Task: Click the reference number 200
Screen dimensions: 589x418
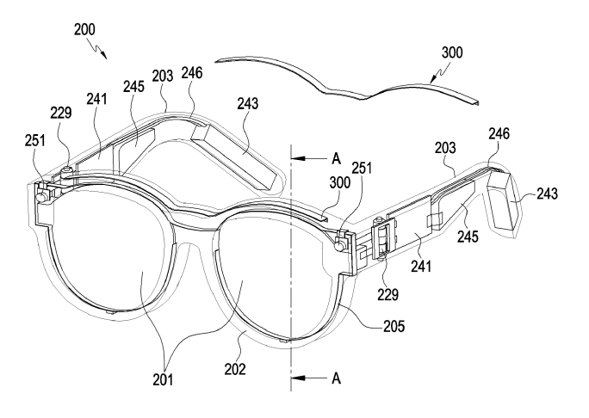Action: [x=84, y=29]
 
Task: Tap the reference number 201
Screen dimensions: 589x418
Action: [x=163, y=380]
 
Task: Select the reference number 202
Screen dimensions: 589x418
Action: [x=235, y=369]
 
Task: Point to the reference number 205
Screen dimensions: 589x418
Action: [x=394, y=327]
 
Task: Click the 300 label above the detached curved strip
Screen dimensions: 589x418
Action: [x=452, y=52]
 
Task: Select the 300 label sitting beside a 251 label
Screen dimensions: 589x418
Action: [x=340, y=182]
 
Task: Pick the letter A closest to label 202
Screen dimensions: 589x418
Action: [x=336, y=378]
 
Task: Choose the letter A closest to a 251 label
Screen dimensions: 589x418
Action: [x=336, y=159]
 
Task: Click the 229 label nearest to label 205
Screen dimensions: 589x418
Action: [x=387, y=295]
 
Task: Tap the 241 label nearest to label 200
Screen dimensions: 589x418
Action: [x=96, y=99]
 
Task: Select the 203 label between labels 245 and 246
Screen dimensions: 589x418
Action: [x=163, y=77]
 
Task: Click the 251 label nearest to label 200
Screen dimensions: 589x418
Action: [x=35, y=141]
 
